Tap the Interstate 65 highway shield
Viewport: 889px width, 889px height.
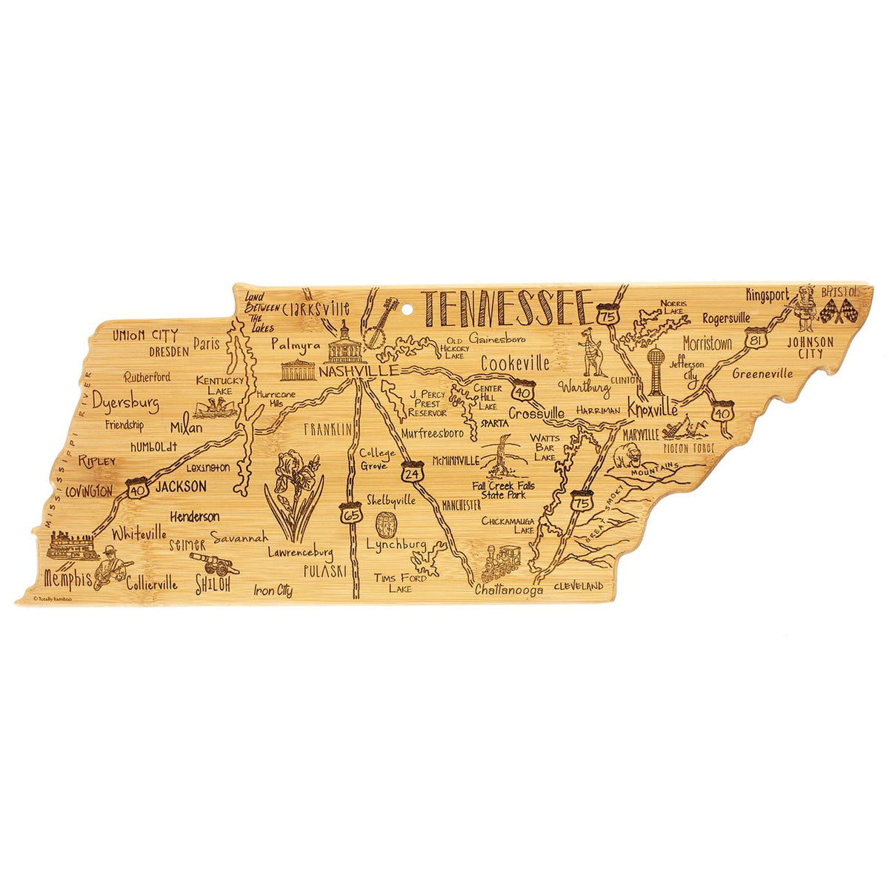(352, 513)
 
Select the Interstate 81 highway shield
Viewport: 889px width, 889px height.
(755, 339)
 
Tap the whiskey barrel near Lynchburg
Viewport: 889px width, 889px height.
(385, 525)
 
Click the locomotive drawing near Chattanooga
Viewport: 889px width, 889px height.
(501, 564)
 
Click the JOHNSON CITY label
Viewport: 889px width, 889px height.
(810, 347)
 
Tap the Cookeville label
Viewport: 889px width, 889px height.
(515, 364)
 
